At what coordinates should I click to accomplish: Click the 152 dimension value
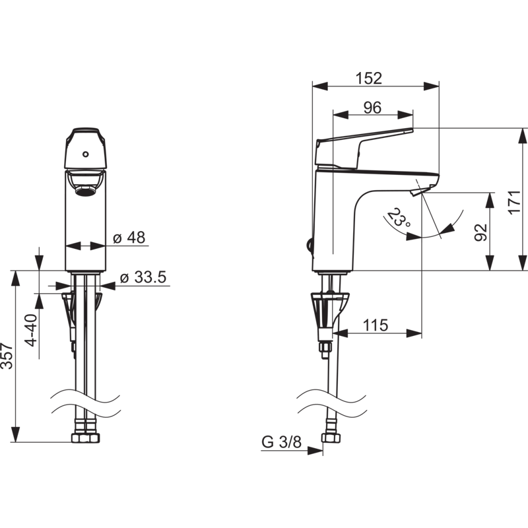tap(369, 78)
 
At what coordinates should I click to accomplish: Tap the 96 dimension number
tap(372, 108)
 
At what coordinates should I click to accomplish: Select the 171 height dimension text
tap(514, 202)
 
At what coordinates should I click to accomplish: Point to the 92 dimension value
tap(481, 232)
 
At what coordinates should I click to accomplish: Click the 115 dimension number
tap(376, 325)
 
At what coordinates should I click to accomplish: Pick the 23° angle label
tap(397, 218)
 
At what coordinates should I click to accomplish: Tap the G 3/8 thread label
tap(282, 442)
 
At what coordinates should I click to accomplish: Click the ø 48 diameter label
tap(129, 238)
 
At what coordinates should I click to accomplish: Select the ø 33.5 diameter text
tap(143, 277)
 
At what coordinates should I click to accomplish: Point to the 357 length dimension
tap(7, 356)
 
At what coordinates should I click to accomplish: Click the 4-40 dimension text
tap(31, 330)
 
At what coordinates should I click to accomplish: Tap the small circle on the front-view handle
tap(86, 154)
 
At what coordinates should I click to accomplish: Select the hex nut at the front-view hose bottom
tap(86, 438)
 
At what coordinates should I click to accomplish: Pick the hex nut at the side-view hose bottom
tap(331, 438)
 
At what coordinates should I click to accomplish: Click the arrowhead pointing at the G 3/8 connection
tap(315, 451)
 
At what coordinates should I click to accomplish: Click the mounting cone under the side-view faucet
tap(329, 310)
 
